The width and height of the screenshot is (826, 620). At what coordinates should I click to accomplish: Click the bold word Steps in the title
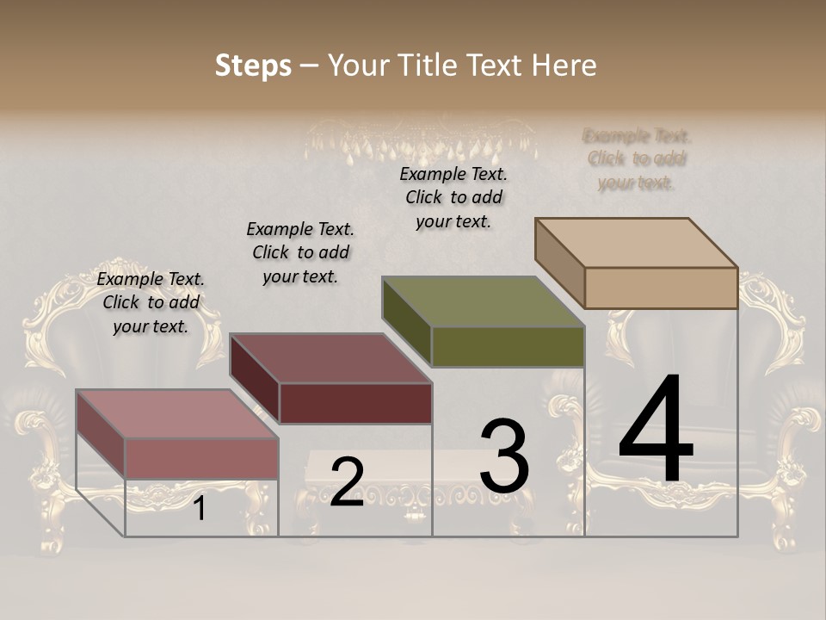[253, 65]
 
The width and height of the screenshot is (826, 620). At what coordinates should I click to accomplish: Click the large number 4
[656, 431]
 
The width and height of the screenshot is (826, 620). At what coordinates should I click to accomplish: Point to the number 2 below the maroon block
[347, 482]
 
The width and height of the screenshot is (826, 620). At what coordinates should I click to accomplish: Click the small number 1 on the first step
[200, 509]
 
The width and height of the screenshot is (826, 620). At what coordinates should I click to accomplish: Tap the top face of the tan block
[637, 242]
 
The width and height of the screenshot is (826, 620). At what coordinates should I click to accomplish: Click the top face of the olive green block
[484, 302]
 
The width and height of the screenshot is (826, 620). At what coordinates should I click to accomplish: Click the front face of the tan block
[661, 288]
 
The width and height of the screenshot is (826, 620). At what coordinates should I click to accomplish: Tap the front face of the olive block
[508, 346]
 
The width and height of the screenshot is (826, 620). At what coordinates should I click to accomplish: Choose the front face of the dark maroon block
[355, 403]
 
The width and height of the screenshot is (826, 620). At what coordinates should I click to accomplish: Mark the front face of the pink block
[202, 458]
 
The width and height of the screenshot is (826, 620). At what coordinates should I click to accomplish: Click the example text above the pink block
[151, 302]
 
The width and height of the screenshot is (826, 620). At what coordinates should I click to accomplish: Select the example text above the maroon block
[300, 252]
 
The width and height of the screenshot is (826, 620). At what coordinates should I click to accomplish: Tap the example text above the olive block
[453, 197]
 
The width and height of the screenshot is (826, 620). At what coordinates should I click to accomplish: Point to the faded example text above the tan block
[637, 159]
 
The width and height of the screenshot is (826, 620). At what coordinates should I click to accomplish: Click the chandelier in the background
[422, 142]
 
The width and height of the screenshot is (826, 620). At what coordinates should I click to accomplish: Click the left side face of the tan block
[559, 262]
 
